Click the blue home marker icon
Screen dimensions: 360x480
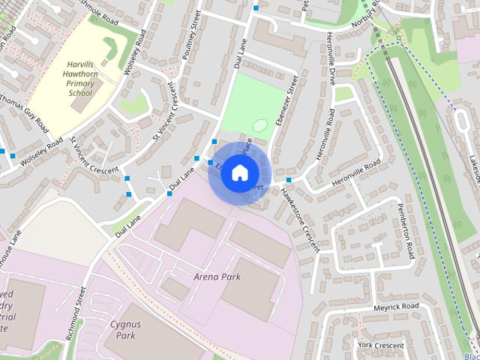click(238, 172)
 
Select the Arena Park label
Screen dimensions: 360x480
click(217, 277)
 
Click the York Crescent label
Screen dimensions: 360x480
click(380, 344)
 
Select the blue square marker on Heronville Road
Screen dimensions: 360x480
click(288, 180)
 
